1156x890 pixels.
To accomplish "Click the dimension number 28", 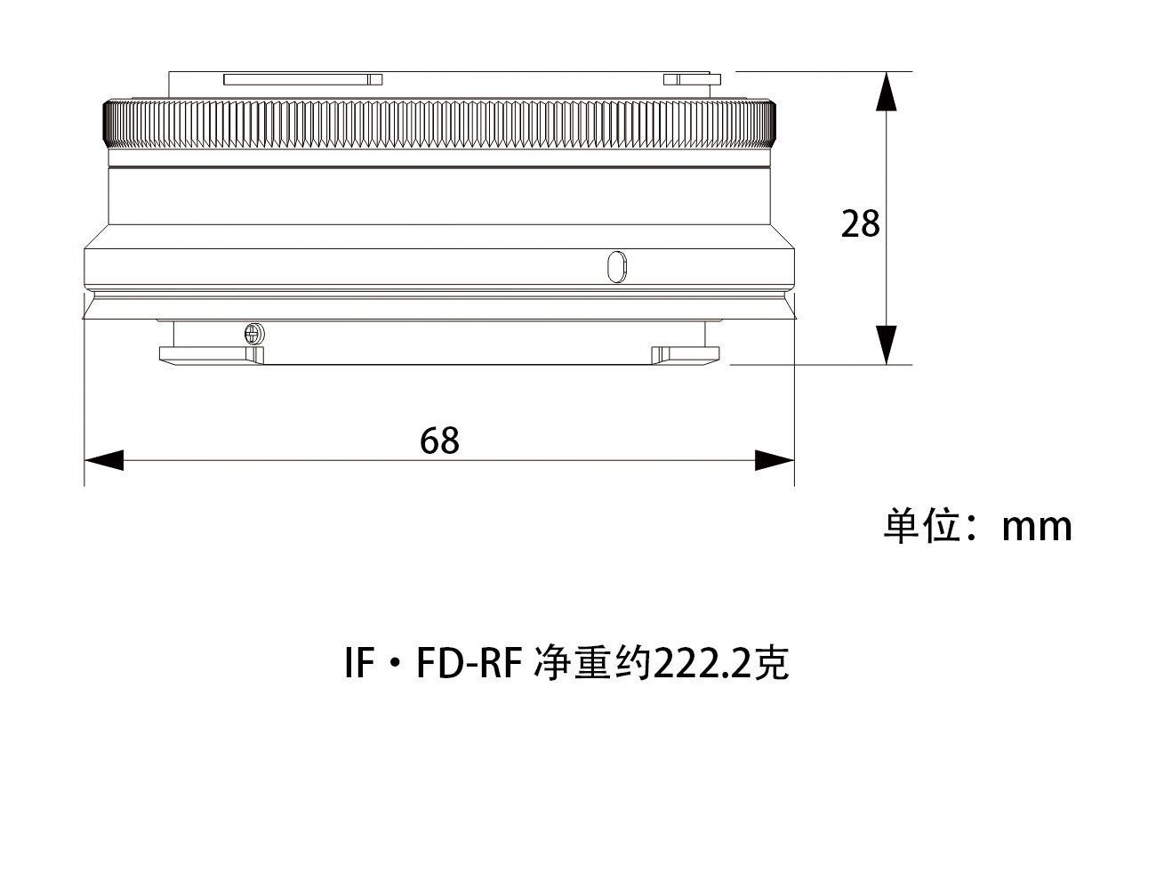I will click(860, 223).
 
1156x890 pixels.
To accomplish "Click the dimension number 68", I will click(439, 441).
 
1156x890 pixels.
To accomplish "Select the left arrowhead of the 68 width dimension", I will click(103, 460).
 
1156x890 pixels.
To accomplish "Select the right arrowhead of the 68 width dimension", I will click(774, 460).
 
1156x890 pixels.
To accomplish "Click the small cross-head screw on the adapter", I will click(253, 334).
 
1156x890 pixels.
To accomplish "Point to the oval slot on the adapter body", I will click(616, 266).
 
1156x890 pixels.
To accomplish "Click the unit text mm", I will click(1036, 527).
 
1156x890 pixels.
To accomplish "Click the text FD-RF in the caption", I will click(468, 663).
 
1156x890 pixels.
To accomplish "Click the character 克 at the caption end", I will click(772, 663).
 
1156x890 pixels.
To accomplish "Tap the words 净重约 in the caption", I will click(592, 663).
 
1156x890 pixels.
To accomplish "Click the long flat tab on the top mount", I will click(302, 79).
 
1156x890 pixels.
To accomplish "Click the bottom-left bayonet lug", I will click(211, 354).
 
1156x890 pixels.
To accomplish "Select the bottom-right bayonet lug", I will click(684, 354).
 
